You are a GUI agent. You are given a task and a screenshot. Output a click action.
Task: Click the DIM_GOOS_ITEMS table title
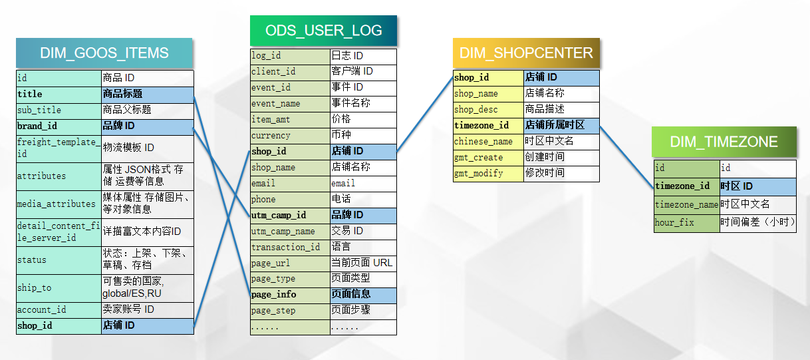104,54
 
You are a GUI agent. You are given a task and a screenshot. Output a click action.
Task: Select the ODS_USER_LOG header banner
323,31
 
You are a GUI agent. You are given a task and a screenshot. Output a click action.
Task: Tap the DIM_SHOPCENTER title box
526,53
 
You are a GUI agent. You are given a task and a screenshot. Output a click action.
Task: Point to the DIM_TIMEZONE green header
724,142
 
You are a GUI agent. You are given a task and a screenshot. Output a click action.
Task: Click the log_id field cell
290,56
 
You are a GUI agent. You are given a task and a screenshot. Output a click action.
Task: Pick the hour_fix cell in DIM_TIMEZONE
686,223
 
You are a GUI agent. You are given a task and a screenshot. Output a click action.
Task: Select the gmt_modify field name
488,174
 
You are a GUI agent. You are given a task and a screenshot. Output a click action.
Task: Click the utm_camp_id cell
290,216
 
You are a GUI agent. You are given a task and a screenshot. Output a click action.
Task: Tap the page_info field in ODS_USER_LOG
290,295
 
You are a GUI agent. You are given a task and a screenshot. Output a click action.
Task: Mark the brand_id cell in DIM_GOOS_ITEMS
59,126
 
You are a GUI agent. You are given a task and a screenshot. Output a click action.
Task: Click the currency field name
290,136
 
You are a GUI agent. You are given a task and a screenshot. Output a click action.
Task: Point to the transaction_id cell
290,248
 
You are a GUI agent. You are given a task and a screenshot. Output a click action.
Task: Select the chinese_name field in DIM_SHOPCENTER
488,142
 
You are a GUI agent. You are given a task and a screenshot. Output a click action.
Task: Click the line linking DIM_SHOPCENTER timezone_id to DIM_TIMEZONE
626,156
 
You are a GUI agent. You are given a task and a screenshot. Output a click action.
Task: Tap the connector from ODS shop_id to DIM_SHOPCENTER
426,114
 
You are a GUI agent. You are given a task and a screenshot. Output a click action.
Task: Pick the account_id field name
59,310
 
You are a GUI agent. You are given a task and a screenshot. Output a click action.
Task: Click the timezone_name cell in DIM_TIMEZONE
686,205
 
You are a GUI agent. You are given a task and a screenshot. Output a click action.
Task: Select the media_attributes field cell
59,204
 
